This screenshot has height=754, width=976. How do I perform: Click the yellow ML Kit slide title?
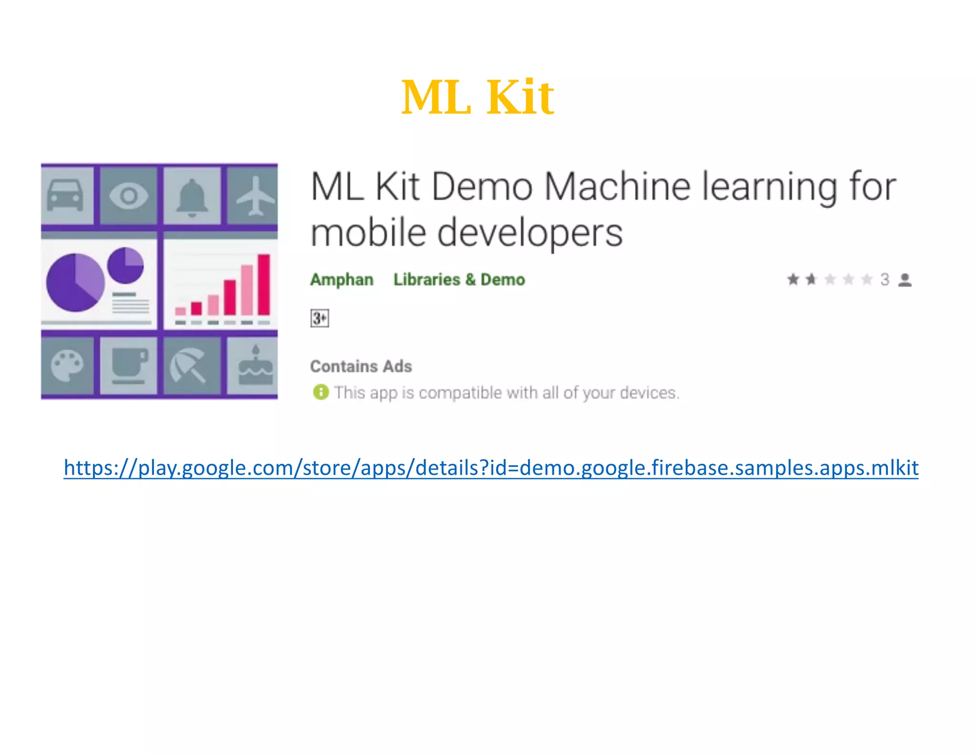[x=478, y=97]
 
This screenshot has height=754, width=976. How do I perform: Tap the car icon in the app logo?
[x=65, y=195]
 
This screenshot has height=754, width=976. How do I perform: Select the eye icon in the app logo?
[x=129, y=195]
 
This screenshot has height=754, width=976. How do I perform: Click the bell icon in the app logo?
[x=192, y=197]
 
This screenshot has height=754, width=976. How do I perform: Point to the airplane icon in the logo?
[x=255, y=195]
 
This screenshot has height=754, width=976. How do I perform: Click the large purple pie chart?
[x=75, y=283]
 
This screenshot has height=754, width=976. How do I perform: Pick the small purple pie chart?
[x=125, y=265]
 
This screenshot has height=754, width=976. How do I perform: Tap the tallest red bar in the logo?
[x=264, y=285]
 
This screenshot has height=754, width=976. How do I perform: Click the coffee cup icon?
[x=129, y=366]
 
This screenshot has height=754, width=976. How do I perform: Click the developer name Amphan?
[x=342, y=280]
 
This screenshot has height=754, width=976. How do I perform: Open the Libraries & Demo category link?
[x=459, y=280]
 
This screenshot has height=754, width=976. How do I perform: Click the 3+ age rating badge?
[x=319, y=318]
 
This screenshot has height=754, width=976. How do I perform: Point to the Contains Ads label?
[x=361, y=367]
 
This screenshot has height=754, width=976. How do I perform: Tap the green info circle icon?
[x=321, y=392]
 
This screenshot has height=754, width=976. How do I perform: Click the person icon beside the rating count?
[x=905, y=280]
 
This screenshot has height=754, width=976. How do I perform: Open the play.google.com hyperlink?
[x=491, y=468]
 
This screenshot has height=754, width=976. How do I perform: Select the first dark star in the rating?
[x=793, y=279]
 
